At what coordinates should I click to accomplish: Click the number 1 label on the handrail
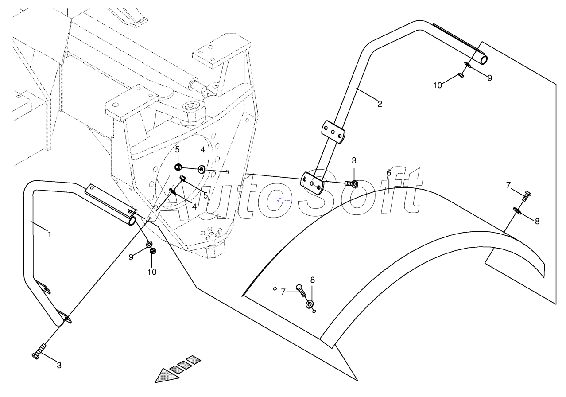click(x=49, y=234)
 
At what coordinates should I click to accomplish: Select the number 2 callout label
click(x=380, y=104)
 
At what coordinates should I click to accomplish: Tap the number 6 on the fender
click(x=389, y=173)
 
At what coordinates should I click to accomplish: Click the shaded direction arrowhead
click(x=166, y=375)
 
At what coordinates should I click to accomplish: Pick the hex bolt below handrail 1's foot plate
click(x=39, y=352)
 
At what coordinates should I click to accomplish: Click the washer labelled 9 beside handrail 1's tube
click(x=149, y=244)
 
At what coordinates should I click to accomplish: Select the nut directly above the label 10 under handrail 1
click(x=153, y=252)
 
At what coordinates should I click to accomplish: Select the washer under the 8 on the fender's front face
click(x=310, y=304)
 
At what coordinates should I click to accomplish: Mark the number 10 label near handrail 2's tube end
click(x=438, y=86)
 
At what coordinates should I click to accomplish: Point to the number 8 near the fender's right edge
click(x=537, y=221)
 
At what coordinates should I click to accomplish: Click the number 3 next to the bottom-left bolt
click(x=59, y=365)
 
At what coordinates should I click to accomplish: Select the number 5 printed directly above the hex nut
click(x=177, y=150)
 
